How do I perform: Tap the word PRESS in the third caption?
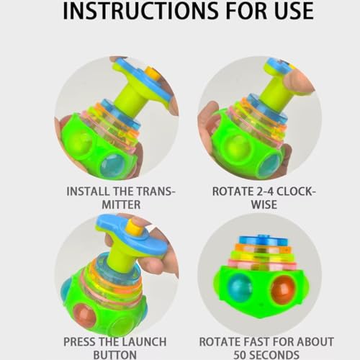82,341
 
